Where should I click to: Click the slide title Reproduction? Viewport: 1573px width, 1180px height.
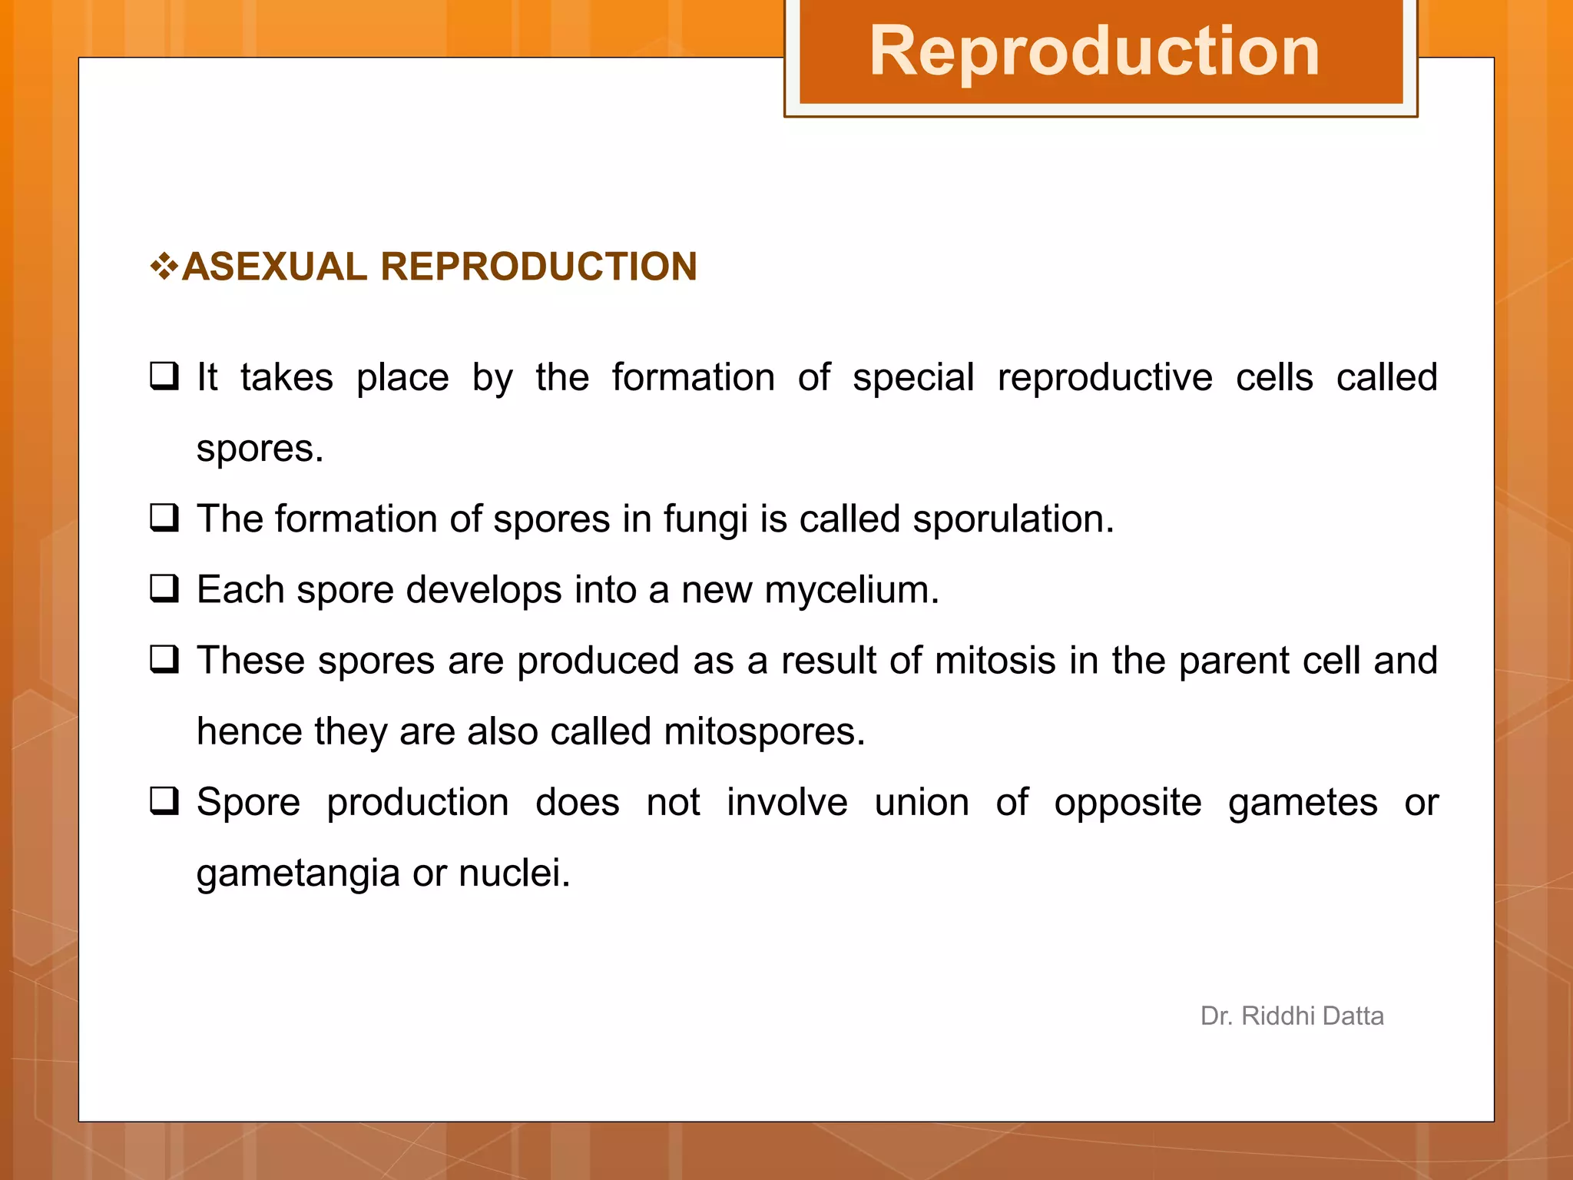(x=1094, y=51)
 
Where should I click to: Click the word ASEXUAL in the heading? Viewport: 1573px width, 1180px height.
(x=275, y=267)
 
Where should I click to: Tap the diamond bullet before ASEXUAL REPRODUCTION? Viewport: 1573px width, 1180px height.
(x=164, y=267)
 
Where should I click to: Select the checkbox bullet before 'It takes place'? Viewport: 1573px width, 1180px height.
(x=164, y=376)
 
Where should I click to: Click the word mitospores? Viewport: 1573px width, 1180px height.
(x=764, y=731)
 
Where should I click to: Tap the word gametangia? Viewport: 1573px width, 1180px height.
(x=298, y=873)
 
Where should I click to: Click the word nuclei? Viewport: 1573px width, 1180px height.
(x=514, y=873)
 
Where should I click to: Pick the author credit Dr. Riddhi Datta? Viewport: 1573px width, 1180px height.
(x=1292, y=1016)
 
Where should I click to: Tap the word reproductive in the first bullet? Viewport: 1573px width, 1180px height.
(x=1104, y=378)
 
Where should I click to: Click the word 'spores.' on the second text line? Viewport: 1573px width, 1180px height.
(x=260, y=449)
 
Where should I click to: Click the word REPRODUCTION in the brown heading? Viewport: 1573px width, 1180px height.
(x=538, y=267)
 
